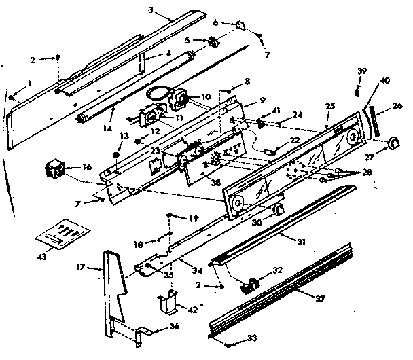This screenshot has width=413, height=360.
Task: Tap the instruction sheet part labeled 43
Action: click(57, 233)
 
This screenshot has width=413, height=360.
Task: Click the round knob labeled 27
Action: click(391, 145)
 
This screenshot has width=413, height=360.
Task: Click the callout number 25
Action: click(329, 107)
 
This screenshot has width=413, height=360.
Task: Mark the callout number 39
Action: click(362, 71)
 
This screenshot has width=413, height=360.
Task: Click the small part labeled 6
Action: click(240, 26)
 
